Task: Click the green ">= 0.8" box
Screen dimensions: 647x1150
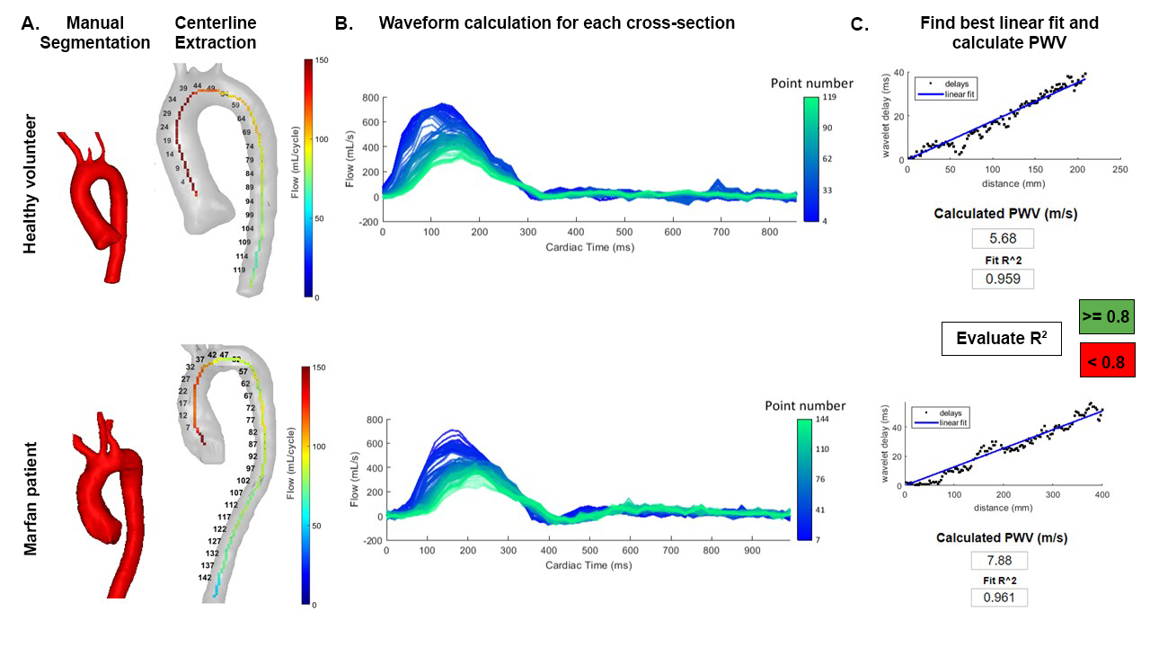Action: [1106, 316]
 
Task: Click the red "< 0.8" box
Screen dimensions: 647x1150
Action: [1106, 359]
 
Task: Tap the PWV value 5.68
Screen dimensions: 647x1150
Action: [1002, 238]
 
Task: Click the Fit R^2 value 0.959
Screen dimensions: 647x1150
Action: [1002, 279]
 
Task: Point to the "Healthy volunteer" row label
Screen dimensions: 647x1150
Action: [31, 184]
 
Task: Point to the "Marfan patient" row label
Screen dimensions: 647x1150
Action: [31, 498]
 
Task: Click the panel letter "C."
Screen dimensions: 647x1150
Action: [860, 25]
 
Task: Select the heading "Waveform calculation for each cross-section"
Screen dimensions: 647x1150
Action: [556, 22]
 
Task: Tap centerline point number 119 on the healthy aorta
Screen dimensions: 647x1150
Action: [239, 270]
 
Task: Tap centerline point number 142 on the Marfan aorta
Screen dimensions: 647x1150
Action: [205, 578]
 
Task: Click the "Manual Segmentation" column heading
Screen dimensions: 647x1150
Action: [95, 32]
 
